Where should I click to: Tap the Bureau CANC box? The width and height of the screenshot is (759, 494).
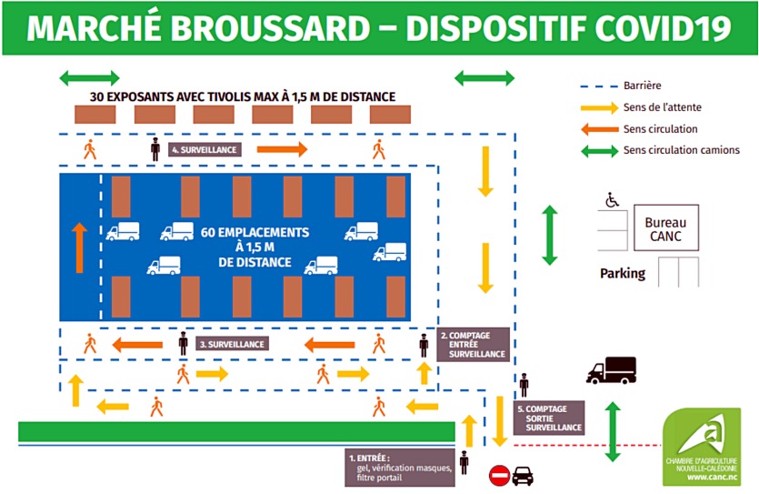point(665,229)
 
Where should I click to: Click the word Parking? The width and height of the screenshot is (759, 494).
point(623,273)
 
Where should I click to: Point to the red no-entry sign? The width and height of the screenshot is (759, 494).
point(499,475)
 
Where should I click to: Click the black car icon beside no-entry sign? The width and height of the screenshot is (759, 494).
point(523,475)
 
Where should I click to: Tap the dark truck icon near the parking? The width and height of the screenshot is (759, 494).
point(611,369)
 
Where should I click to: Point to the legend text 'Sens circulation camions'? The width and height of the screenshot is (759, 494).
point(681,150)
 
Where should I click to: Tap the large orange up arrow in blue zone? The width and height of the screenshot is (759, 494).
point(79,247)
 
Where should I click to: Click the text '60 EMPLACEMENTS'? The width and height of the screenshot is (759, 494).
point(255,232)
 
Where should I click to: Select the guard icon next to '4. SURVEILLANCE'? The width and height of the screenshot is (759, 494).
point(155,149)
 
